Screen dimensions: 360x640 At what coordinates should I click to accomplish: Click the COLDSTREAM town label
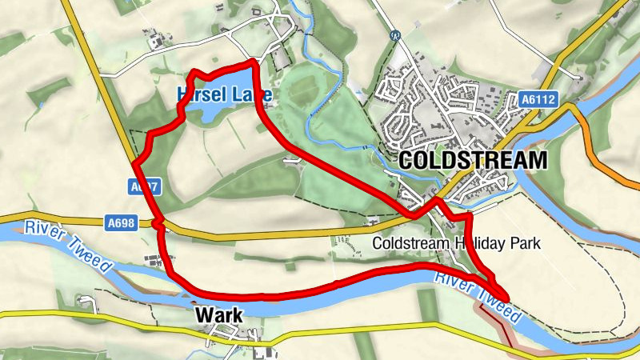tap(472, 159)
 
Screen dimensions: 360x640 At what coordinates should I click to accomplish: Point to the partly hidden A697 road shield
tap(144, 187)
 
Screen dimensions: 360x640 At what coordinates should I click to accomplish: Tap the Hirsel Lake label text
tap(225, 95)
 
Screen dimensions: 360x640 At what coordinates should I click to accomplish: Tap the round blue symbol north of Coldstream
tap(394, 36)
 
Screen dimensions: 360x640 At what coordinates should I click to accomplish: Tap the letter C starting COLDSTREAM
tap(405, 159)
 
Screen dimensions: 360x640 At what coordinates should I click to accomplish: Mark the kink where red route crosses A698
tap(160, 223)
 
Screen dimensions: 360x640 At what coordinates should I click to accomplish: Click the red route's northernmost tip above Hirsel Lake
tap(253, 61)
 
